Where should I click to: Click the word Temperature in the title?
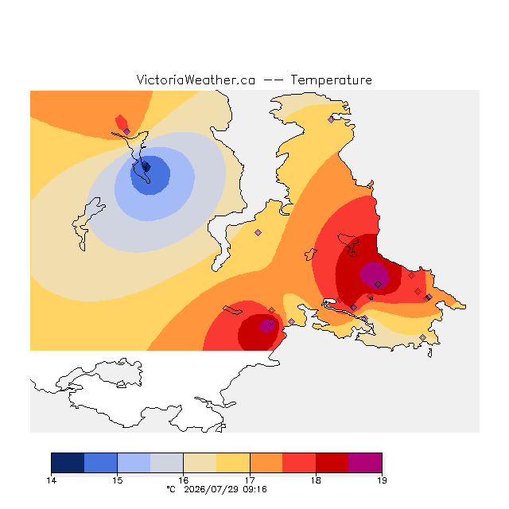click(331, 80)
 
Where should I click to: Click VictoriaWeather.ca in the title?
click(196, 80)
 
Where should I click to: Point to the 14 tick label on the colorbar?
click(51, 480)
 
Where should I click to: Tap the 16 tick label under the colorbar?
click(184, 480)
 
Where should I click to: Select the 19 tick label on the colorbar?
click(382, 480)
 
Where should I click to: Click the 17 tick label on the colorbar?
click(250, 480)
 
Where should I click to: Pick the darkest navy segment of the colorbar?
click(68, 463)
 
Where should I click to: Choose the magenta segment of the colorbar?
click(365, 463)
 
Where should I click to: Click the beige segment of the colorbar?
click(200, 463)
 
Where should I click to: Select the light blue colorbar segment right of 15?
click(134, 463)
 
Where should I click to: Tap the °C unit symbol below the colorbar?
click(171, 489)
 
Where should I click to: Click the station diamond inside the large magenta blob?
click(379, 285)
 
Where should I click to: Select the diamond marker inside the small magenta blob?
click(272, 321)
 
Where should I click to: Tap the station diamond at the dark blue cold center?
click(145, 165)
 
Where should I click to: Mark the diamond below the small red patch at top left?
click(127, 131)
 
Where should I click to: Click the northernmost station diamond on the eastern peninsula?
click(331, 119)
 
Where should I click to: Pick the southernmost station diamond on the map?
click(422, 337)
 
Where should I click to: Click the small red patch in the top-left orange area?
click(122, 122)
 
